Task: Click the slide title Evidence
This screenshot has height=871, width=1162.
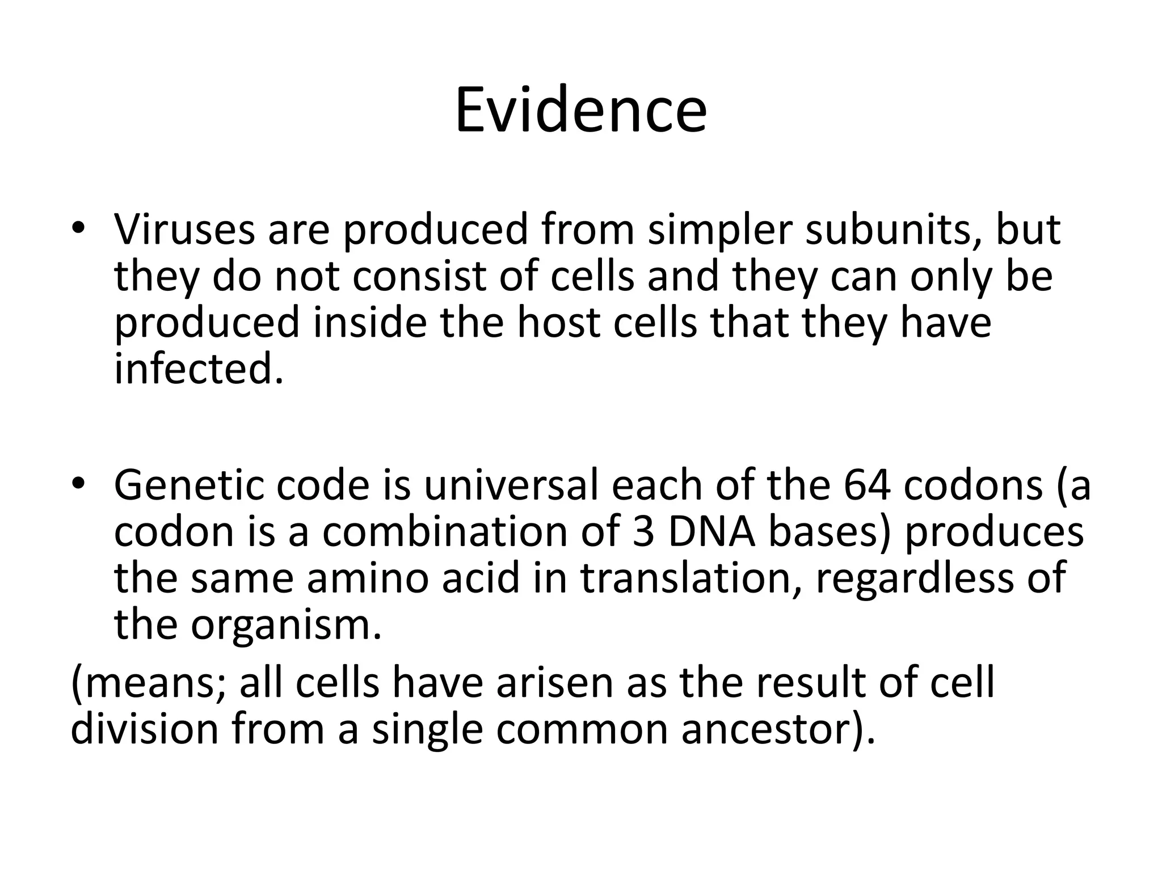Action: pos(580,111)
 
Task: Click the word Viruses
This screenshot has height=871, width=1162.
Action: pos(184,230)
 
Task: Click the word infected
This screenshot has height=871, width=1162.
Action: pos(198,369)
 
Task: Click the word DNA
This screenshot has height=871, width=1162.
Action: pos(711,532)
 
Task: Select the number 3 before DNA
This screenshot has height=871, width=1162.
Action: pos(643,532)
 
